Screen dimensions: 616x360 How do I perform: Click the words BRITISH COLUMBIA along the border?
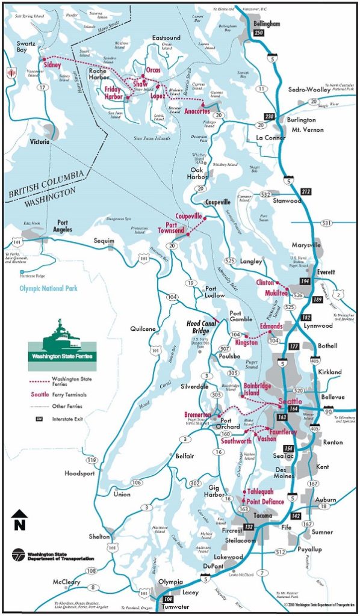tap(48, 182)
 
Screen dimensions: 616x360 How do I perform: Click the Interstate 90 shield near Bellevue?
tap(344, 411)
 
